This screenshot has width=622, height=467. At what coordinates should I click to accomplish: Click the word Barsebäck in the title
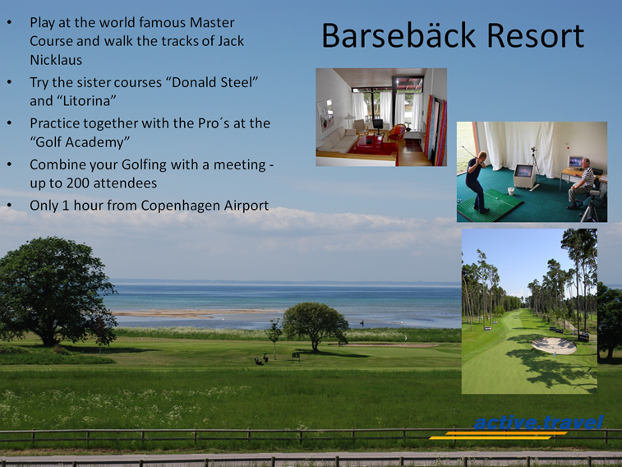399,35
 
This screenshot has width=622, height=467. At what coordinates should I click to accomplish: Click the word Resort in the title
535,35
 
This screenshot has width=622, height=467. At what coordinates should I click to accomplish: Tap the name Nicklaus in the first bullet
56,60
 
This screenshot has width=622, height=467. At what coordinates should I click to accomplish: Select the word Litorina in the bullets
87,101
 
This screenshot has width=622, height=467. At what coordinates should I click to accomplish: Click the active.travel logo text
538,423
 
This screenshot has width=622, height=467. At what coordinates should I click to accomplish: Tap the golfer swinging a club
477,180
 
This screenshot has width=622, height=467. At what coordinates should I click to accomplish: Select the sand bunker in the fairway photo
554,345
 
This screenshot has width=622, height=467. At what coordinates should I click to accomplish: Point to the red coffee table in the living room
368,144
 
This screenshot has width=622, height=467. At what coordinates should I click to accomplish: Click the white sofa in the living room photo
338,140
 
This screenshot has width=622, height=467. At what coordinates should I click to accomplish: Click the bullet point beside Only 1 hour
10,206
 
